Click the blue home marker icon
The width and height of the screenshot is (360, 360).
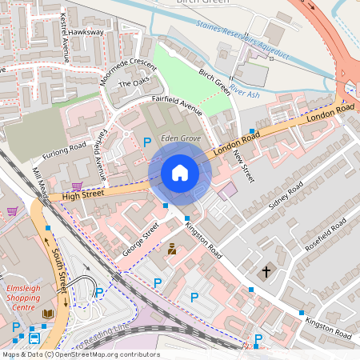180,173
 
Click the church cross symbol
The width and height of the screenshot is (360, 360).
266,272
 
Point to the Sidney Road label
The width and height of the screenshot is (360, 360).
286,196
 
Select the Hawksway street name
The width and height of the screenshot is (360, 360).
86,32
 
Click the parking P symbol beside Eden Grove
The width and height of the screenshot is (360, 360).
146,142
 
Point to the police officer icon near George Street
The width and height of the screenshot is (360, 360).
171,250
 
